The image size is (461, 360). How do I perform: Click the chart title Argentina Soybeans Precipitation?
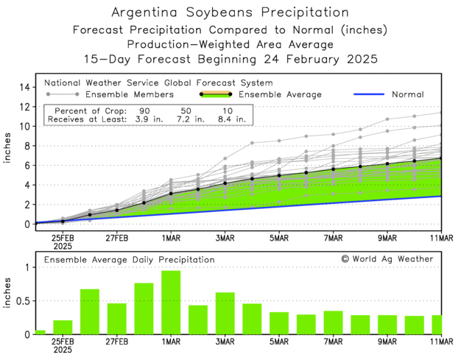coord(230,13)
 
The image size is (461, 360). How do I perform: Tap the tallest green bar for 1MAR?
coord(171,302)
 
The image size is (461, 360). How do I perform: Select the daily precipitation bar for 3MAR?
coord(225,313)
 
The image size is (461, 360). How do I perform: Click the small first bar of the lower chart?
coord(41,332)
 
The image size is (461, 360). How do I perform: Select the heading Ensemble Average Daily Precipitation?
coord(129,259)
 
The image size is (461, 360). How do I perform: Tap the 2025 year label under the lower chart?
coord(63,351)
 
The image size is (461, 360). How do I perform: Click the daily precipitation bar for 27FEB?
coord(117,318)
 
